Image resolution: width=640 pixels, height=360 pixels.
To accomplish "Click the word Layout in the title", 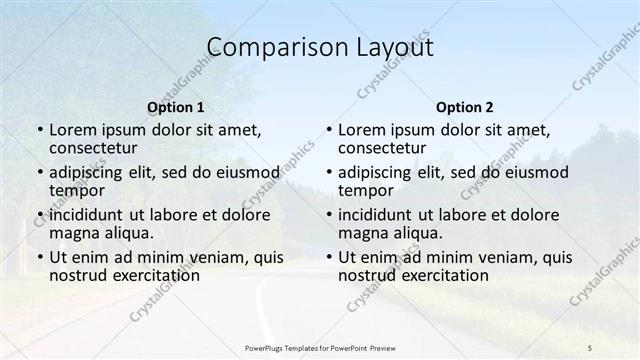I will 392,48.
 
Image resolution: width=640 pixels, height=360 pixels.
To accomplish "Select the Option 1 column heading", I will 176,107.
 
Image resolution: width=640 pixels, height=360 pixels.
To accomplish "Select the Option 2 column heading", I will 465,107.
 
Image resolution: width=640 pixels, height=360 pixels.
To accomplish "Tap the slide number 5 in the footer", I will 590,346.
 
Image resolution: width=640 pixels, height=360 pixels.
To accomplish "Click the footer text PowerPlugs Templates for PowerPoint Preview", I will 320,346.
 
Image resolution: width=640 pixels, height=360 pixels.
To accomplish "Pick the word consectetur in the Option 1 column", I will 97,148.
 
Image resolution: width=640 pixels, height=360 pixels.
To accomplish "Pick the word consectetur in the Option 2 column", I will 385,148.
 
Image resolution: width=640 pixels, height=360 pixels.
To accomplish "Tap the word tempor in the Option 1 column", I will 75,190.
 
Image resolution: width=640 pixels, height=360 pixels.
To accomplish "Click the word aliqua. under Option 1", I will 130,233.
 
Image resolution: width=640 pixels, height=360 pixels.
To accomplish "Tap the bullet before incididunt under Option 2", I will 328,215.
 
